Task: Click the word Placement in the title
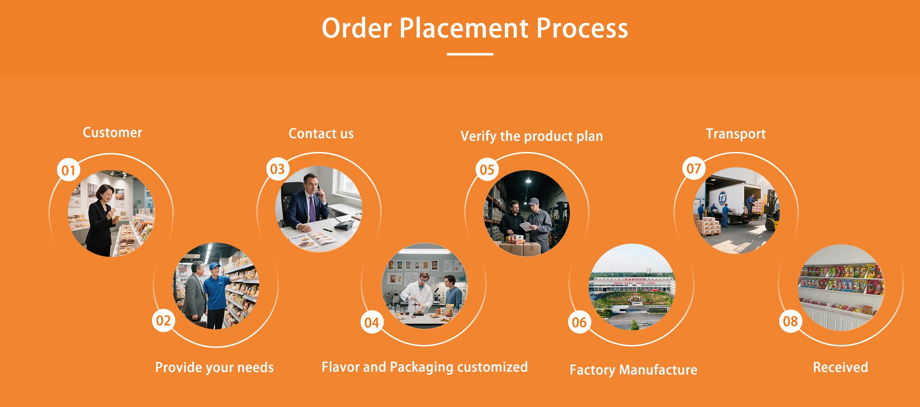(x=464, y=28)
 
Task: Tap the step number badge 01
(x=68, y=170)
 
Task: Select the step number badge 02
(x=163, y=320)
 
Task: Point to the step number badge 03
(x=277, y=169)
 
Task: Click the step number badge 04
(x=372, y=322)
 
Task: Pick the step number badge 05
(x=487, y=169)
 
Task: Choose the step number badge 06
(x=579, y=322)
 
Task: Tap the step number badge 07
(x=694, y=168)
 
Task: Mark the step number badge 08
(x=790, y=321)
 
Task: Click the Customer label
(x=113, y=133)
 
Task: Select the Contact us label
(x=321, y=134)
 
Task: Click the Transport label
(x=736, y=134)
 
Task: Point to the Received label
(x=840, y=367)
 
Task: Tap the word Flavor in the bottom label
(x=341, y=367)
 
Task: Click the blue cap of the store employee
(x=215, y=266)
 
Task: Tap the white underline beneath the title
(x=470, y=54)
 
